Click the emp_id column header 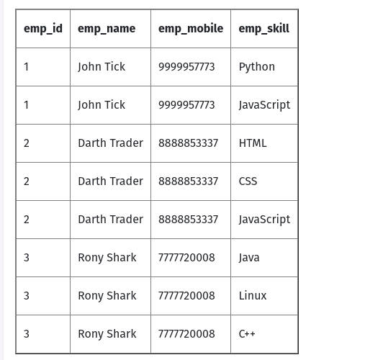[x=43, y=29]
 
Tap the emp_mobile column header [x=191, y=29]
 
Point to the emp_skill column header [x=264, y=29]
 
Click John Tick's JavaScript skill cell [x=264, y=105]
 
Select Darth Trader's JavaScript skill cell [x=264, y=220]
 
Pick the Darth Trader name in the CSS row [x=111, y=181]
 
